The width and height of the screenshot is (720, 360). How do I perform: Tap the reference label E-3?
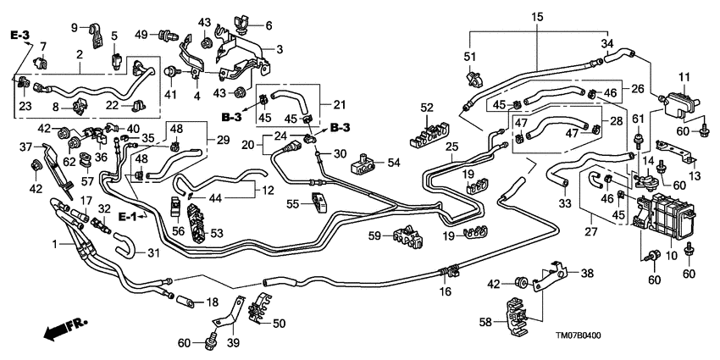click(x=19, y=35)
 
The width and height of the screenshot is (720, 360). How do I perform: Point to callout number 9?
click(x=74, y=28)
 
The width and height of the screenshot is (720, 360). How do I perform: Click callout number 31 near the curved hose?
click(x=153, y=252)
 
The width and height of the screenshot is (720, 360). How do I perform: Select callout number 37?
click(x=25, y=147)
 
